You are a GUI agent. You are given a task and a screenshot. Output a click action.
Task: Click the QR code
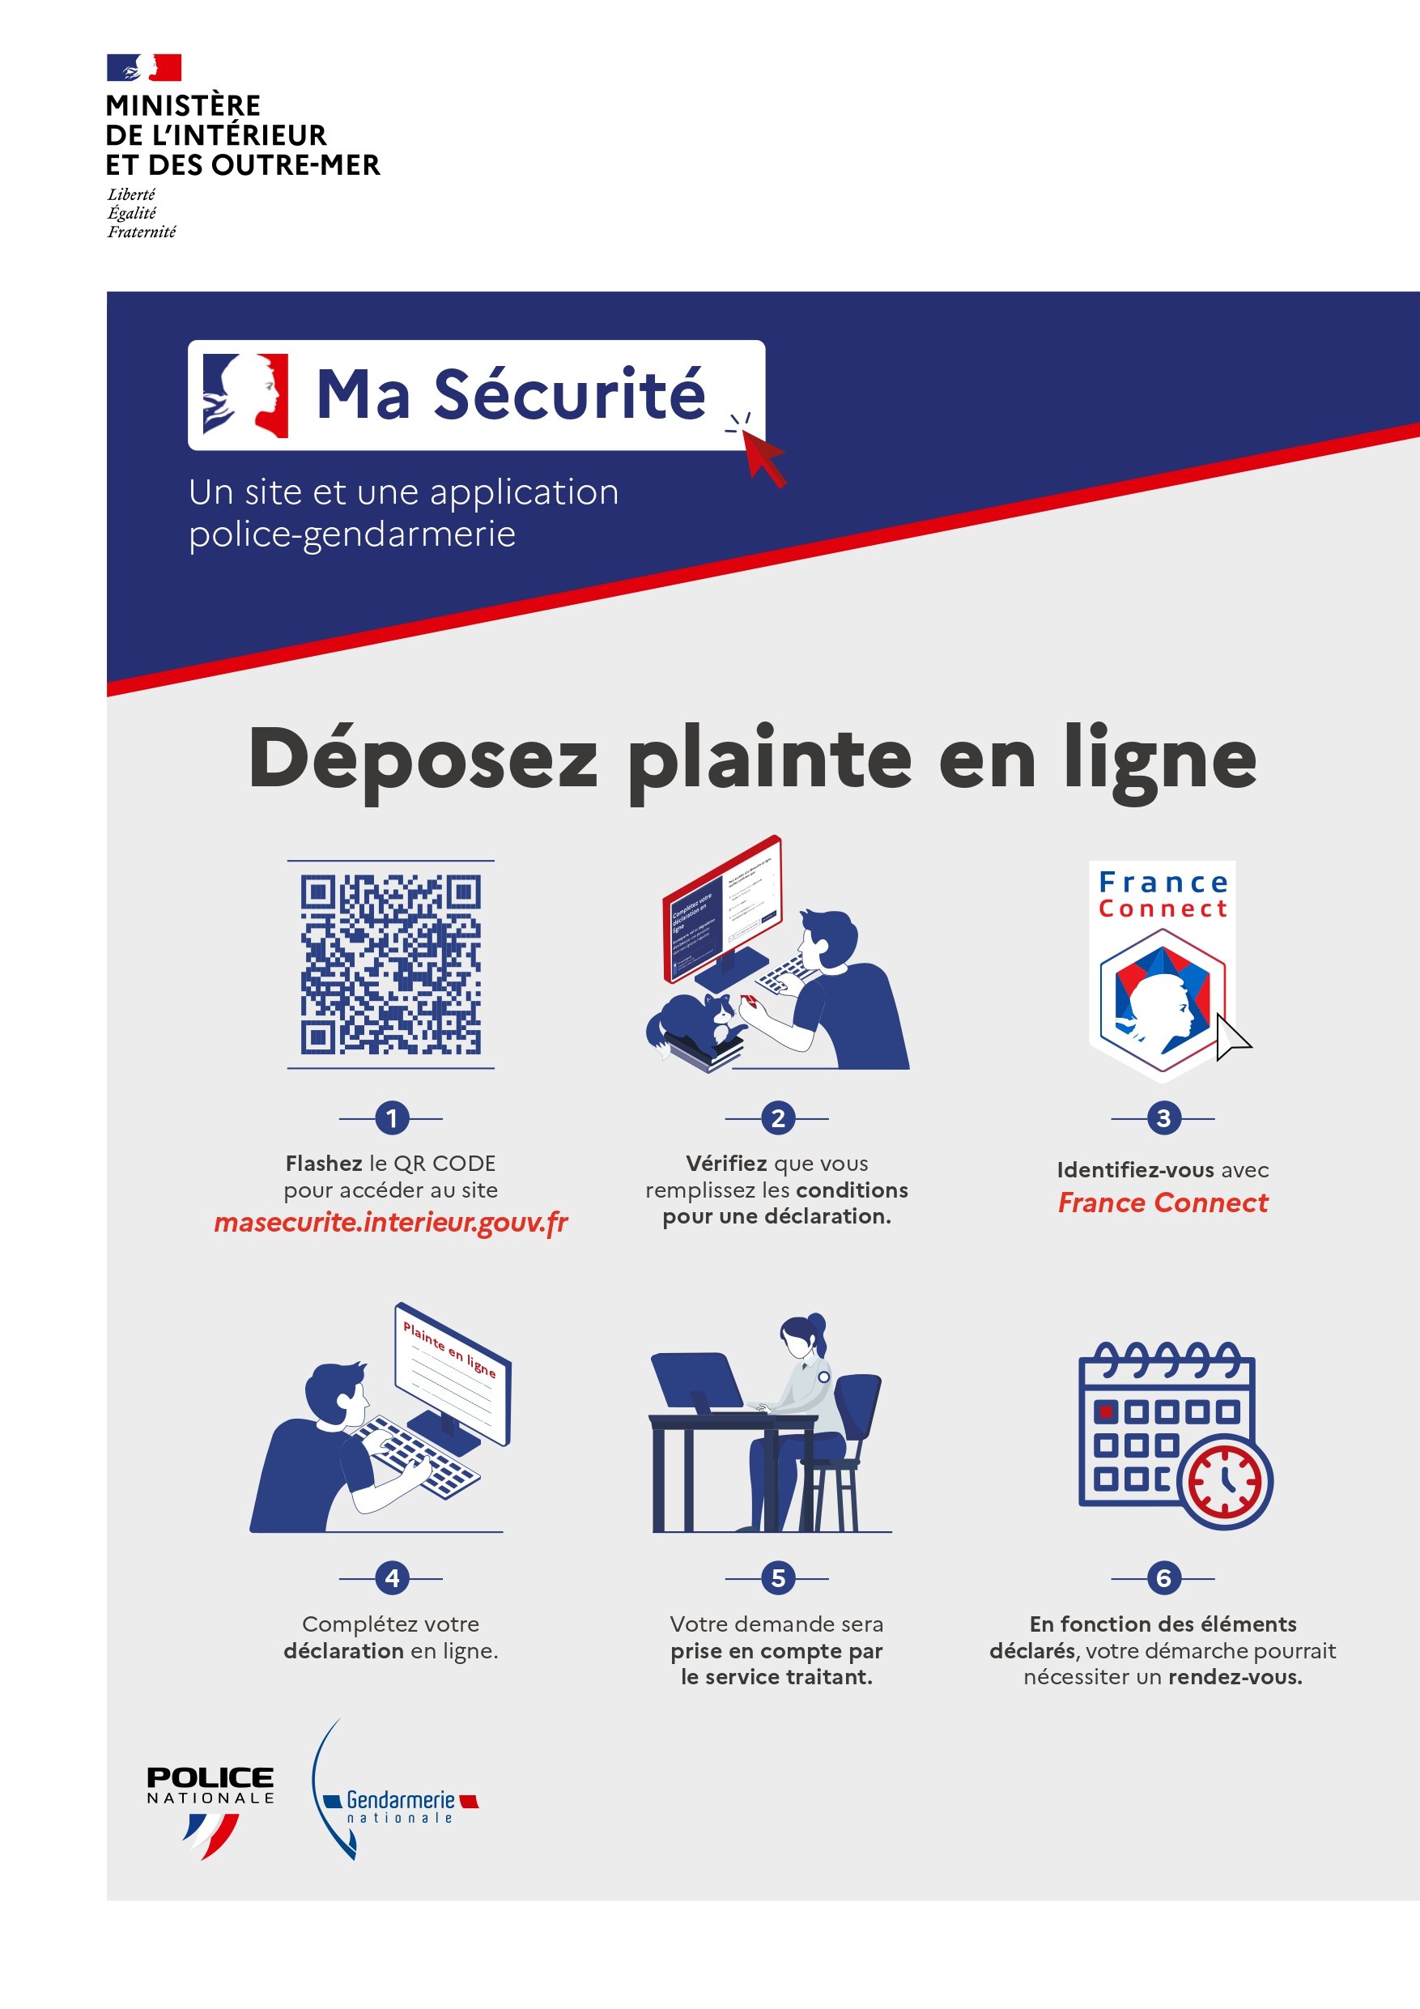390,964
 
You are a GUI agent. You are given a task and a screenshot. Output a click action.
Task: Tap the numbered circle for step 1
391,1117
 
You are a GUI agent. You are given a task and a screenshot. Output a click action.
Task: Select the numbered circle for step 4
391,1577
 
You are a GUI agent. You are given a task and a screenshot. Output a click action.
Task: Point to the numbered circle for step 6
1163,1577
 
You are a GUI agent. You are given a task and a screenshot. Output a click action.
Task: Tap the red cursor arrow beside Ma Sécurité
763,455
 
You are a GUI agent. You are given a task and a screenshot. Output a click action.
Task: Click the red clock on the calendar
1225,1482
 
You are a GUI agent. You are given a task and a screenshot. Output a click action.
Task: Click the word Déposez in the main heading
423,760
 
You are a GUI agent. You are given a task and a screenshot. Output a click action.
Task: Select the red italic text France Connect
1162,1203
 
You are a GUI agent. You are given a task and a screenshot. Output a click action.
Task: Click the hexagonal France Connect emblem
1162,1002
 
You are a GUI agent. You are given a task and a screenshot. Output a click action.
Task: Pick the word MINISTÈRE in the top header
183,106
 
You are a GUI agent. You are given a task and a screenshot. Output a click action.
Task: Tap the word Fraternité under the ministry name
142,232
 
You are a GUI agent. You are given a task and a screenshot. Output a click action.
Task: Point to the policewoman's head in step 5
801,1336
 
